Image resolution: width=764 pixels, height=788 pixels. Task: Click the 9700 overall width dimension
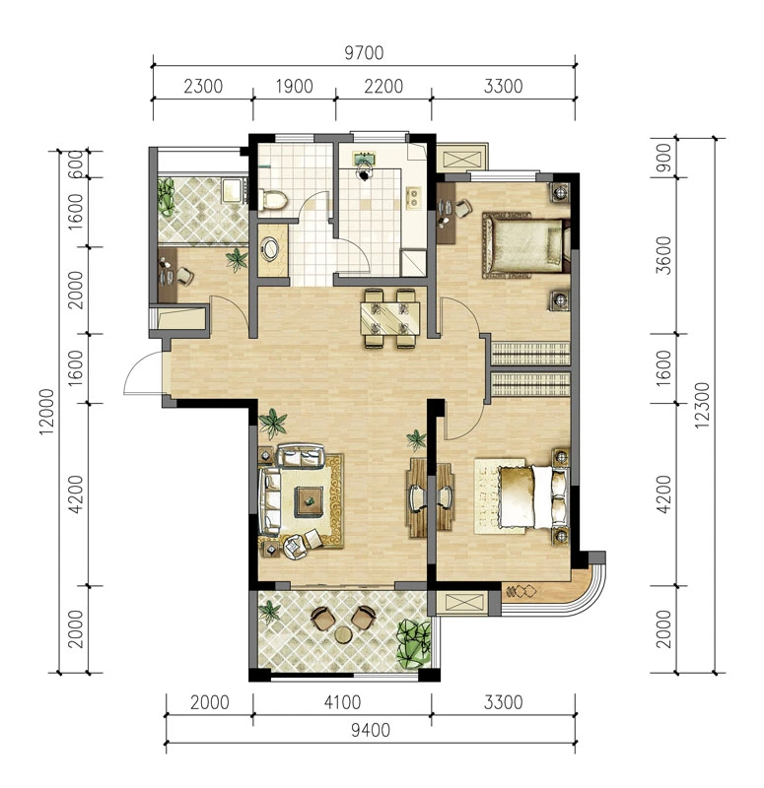pyautogui.click(x=364, y=53)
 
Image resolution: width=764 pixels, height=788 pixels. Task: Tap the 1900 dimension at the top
pyautogui.click(x=294, y=86)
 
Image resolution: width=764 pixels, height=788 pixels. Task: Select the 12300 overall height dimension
pyautogui.click(x=702, y=405)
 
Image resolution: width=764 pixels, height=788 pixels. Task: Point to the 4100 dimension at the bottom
pyautogui.click(x=342, y=702)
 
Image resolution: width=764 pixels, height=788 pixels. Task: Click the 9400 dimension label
pyautogui.click(x=371, y=730)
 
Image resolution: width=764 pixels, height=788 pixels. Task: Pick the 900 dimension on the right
pyautogui.click(x=664, y=158)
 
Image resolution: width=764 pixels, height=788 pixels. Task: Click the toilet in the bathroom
pyautogui.click(x=272, y=199)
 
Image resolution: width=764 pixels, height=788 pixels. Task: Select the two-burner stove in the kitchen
pyautogui.click(x=413, y=198)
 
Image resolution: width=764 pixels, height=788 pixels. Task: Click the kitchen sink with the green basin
pyautogui.click(x=364, y=160)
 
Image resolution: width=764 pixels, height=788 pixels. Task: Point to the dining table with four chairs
pyautogui.click(x=390, y=318)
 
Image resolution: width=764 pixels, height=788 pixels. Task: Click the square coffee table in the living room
pyautogui.click(x=309, y=501)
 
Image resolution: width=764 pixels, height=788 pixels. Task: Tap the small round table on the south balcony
pyautogui.click(x=344, y=635)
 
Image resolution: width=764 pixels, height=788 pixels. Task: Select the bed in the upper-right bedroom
pyautogui.click(x=525, y=244)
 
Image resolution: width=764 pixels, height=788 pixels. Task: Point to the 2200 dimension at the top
pyautogui.click(x=383, y=86)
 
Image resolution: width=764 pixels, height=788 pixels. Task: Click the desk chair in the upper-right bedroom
pyautogui.click(x=463, y=208)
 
